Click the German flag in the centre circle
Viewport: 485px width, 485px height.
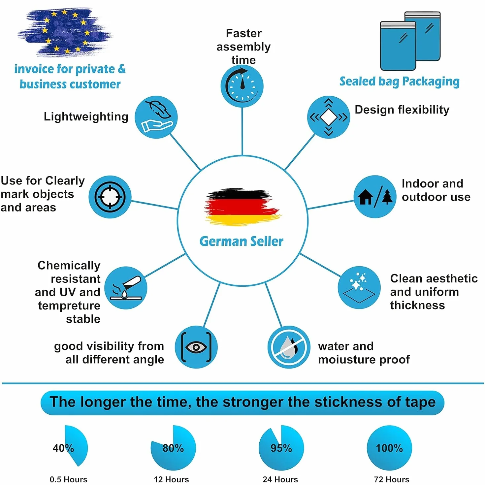(243, 207)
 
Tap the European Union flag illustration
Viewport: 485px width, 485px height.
(65, 32)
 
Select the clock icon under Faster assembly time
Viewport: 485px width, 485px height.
(242, 86)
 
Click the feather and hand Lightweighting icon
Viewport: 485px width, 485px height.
(156, 117)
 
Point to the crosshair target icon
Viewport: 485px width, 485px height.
(110, 197)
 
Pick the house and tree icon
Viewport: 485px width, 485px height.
(375, 197)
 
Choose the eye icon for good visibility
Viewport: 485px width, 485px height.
(196, 347)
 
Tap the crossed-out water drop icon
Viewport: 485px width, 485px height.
(289, 347)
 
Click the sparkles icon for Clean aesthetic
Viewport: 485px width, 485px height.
(359, 287)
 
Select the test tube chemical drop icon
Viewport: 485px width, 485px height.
(126, 288)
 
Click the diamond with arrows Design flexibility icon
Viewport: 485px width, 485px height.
(329, 117)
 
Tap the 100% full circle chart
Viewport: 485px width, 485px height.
(389, 448)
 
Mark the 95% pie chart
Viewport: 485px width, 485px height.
(281, 448)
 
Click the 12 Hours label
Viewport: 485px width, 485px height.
(171, 479)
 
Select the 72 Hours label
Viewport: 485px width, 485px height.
(392, 479)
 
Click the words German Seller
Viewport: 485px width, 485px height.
(242, 242)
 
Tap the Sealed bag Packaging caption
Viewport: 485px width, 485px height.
(400, 82)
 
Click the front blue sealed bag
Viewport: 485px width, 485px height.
(398, 46)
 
